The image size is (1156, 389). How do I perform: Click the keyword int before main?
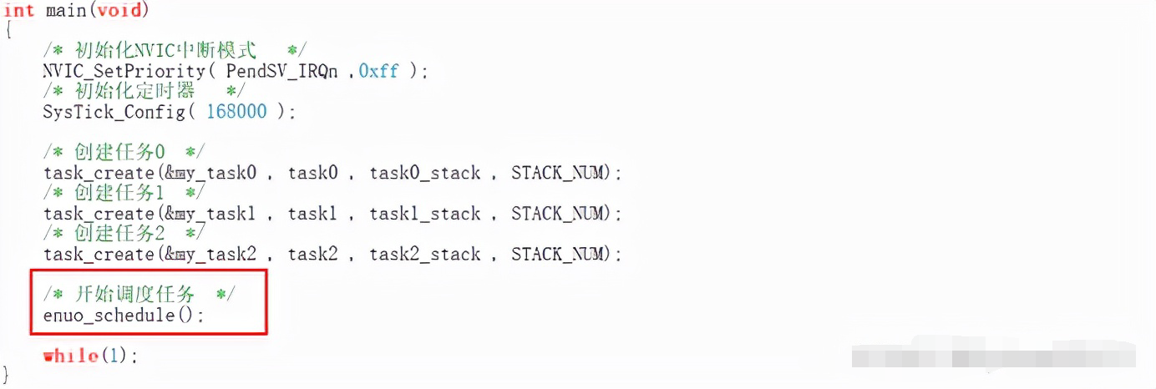(x=19, y=10)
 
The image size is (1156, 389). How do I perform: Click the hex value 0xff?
(x=378, y=72)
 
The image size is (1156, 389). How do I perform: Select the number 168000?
(x=236, y=112)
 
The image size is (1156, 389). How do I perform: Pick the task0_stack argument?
(x=425, y=174)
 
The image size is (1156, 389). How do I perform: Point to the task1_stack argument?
(x=425, y=214)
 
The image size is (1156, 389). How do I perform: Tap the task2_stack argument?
(x=425, y=254)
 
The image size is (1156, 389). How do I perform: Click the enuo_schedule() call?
(x=123, y=316)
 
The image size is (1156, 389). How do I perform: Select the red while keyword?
(x=71, y=356)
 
